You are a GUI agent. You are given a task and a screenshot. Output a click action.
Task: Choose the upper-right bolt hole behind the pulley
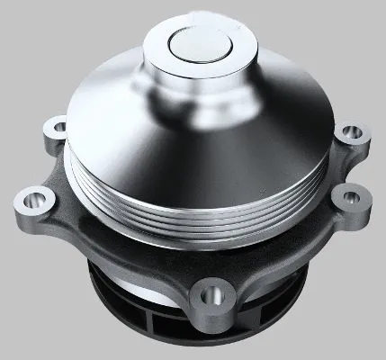[x=351, y=132]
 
